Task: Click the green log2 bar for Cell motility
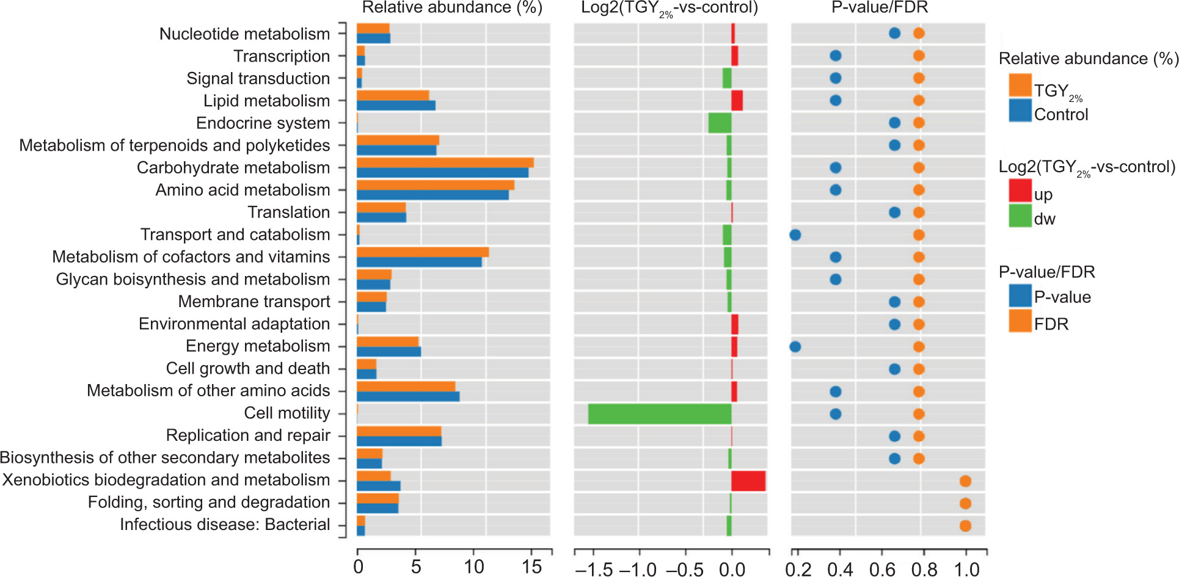pyautogui.click(x=660, y=414)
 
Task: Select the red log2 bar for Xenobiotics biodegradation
pyautogui.click(x=748, y=481)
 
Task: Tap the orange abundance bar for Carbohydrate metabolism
pyautogui.click(x=445, y=162)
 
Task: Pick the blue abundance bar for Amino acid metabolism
pyautogui.click(x=433, y=195)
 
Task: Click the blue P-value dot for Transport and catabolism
pyautogui.click(x=795, y=235)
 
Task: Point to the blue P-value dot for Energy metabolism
pyautogui.click(x=795, y=347)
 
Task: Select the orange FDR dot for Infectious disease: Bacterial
pyautogui.click(x=965, y=526)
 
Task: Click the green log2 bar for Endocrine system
pyautogui.click(x=720, y=123)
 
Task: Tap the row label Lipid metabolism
pyautogui.click(x=266, y=101)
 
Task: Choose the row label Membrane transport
pyautogui.click(x=254, y=302)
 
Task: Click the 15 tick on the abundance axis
pyautogui.click(x=532, y=567)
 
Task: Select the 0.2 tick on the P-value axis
pyautogui.click(x=798, y=569)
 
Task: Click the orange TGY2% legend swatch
pyautogui.click(x=1020, y=85)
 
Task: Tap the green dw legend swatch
pyautogui.click(x=1020, y=216)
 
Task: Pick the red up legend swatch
pyautogui.click(x=1020, y=191)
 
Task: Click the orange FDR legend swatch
pyautogui.click(x=1020, y=321)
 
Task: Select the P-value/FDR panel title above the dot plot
pyautogui.click(x=880, y=8)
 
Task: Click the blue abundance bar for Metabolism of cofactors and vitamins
pyautogui.click(x=419, y=263)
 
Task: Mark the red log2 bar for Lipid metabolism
pyautogui.click(x=737, y=101)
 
